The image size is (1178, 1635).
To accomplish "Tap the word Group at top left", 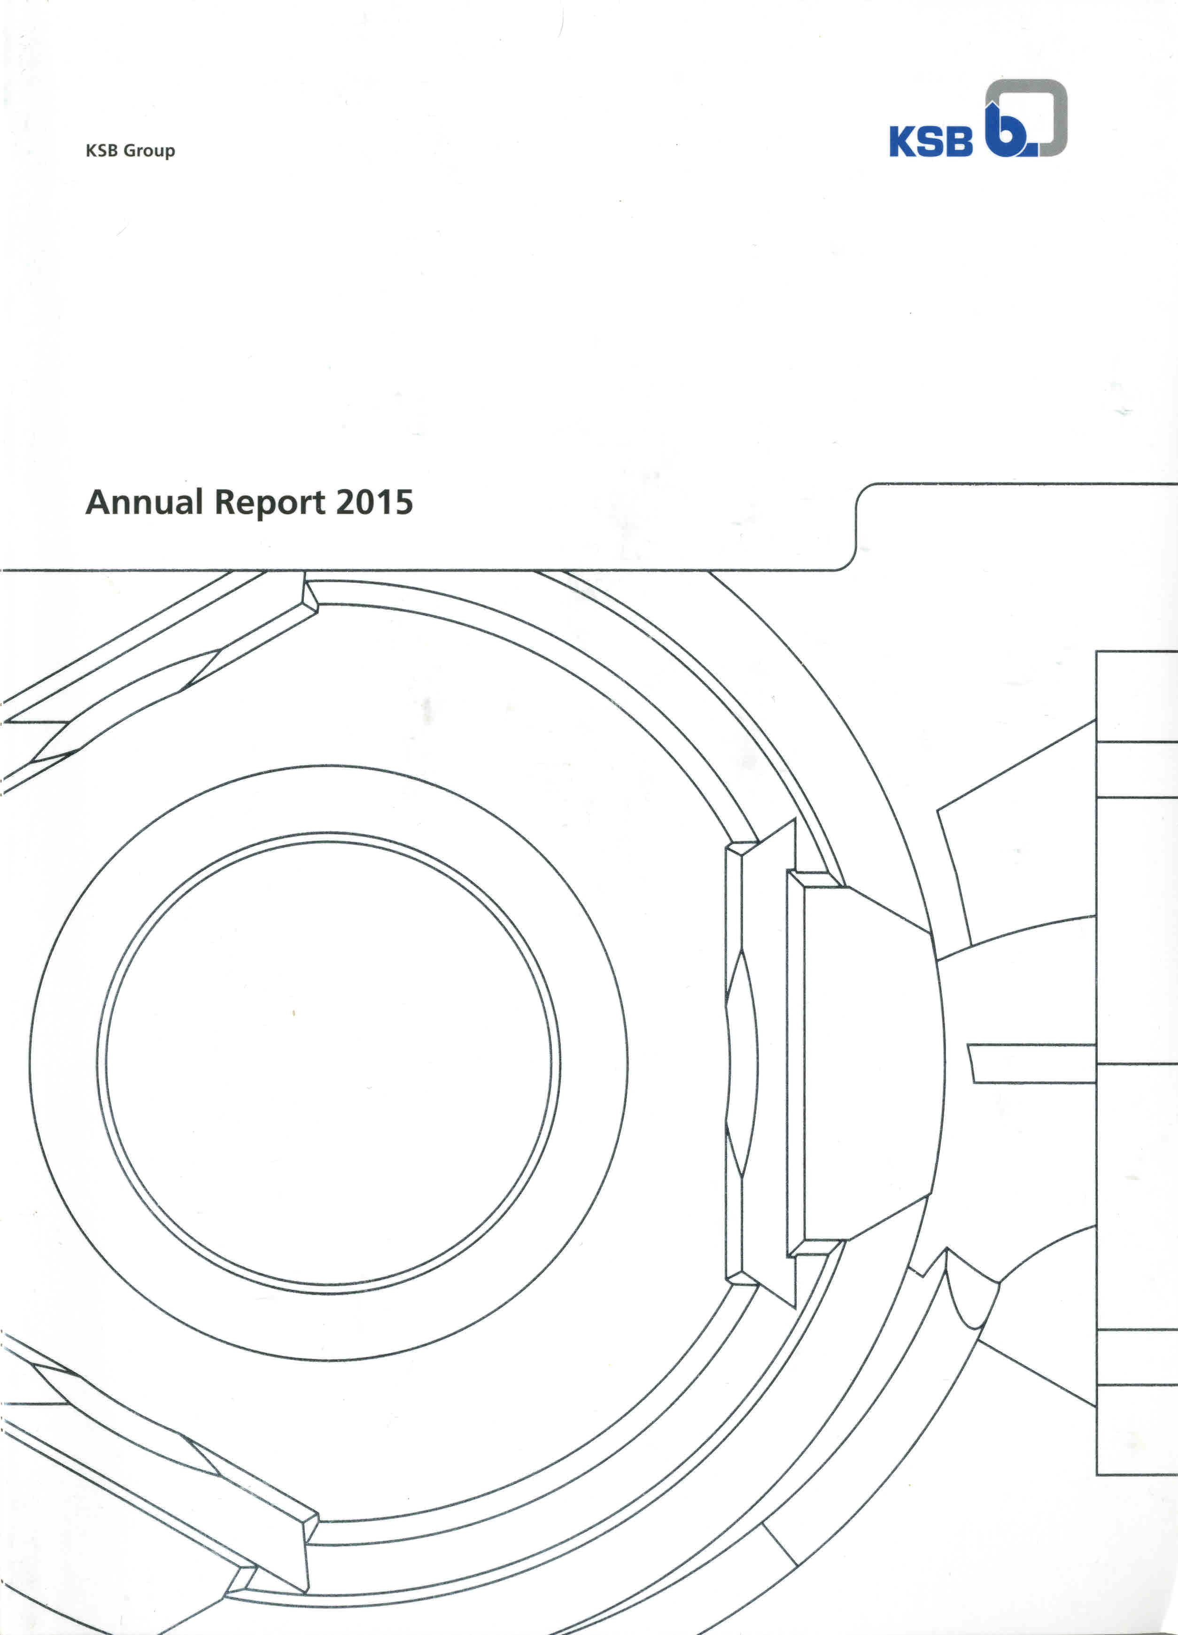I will pos(149,151).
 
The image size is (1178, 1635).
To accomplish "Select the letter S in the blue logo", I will pos(931,141).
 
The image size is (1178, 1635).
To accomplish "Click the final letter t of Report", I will pos(320,503).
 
